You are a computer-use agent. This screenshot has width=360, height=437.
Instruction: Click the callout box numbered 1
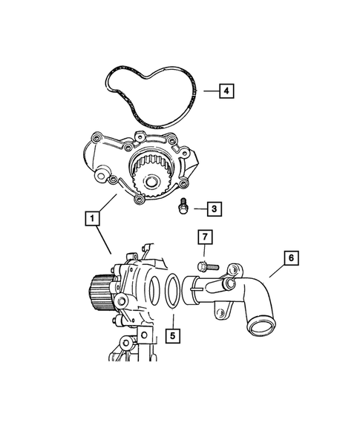[x=91, y=218]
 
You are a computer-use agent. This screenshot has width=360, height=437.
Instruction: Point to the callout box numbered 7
[x=205, y=238]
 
